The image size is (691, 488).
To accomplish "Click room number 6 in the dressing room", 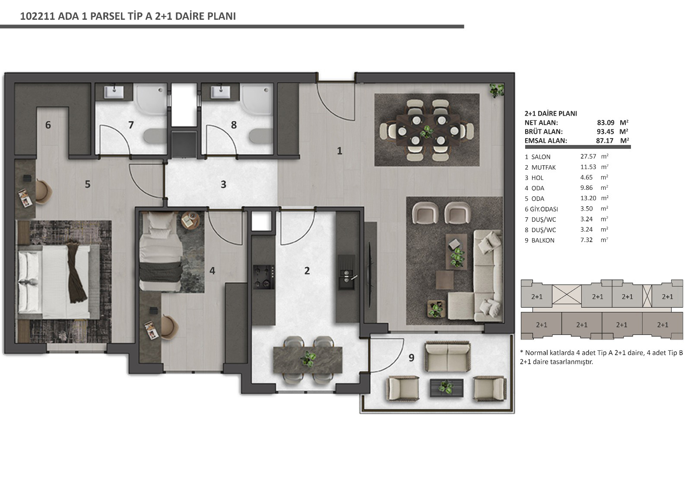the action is [x=48, y=125].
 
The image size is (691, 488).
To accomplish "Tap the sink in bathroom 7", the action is [x=114, y=92].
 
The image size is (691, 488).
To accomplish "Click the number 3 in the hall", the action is [x=224, y=184].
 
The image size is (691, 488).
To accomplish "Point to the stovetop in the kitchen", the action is [x=264, y=277].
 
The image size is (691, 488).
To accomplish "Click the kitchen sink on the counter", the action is [x=346, y=272].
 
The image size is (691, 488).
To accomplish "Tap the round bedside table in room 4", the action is [x=190, y=220].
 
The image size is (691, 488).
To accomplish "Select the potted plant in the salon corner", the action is [x=497, y=90].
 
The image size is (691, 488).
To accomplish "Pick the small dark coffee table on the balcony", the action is [x=447, y=387].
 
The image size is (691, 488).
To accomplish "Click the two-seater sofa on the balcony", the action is [x=447, y=357].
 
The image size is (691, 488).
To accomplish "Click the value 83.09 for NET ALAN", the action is [x=605, y=123].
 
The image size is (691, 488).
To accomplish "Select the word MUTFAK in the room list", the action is [x=544, y=167].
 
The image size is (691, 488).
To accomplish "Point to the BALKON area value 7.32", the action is [x=586, y=240].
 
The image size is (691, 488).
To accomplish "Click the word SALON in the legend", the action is [x=541, y=157].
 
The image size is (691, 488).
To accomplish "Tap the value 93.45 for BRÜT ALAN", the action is [x=605, y=132].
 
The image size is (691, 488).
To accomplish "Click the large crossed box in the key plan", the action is [x=567, y=294].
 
